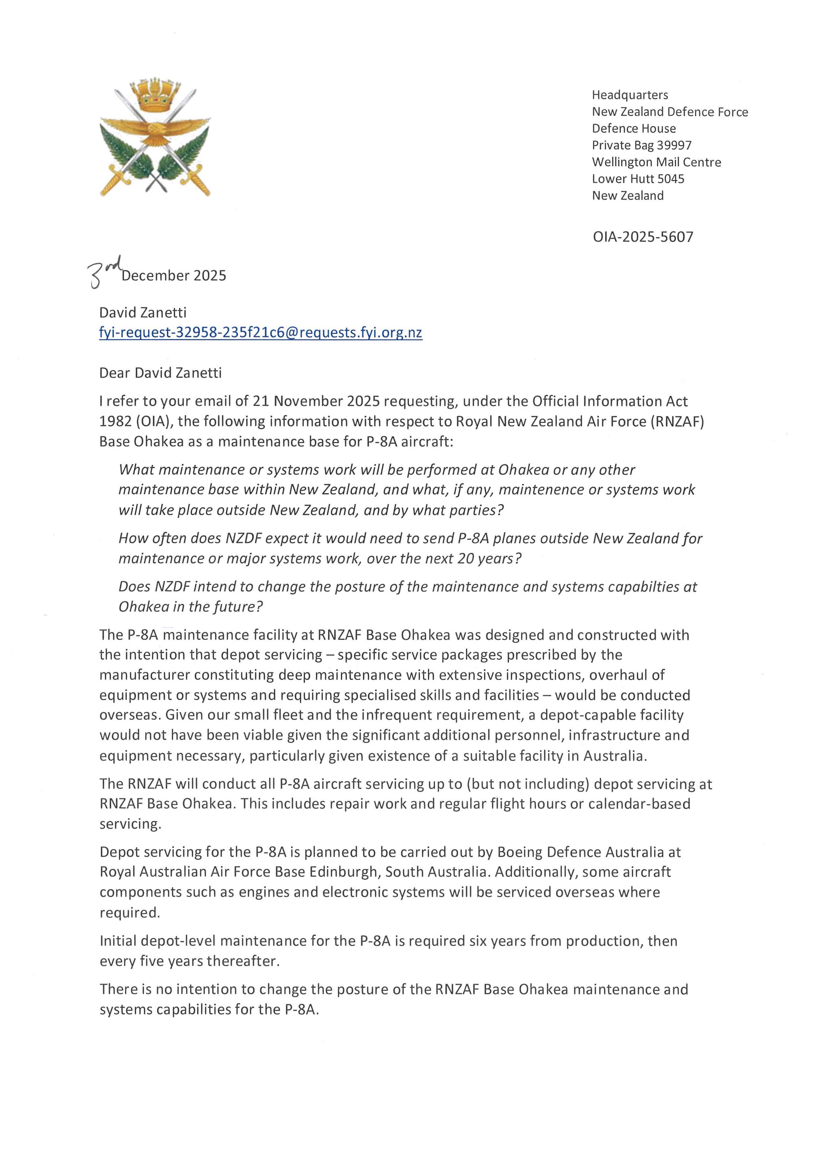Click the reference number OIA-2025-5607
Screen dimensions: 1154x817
click(x=643, y=237)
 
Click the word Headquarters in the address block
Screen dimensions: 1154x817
click(x=630, y=95)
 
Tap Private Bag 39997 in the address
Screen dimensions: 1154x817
click(x=641, y=145)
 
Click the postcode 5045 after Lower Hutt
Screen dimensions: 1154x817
click(x=671, y=179)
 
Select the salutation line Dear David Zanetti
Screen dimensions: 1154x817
click(x=161, y=373)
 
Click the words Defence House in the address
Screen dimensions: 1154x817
click(x=634, y=129)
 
